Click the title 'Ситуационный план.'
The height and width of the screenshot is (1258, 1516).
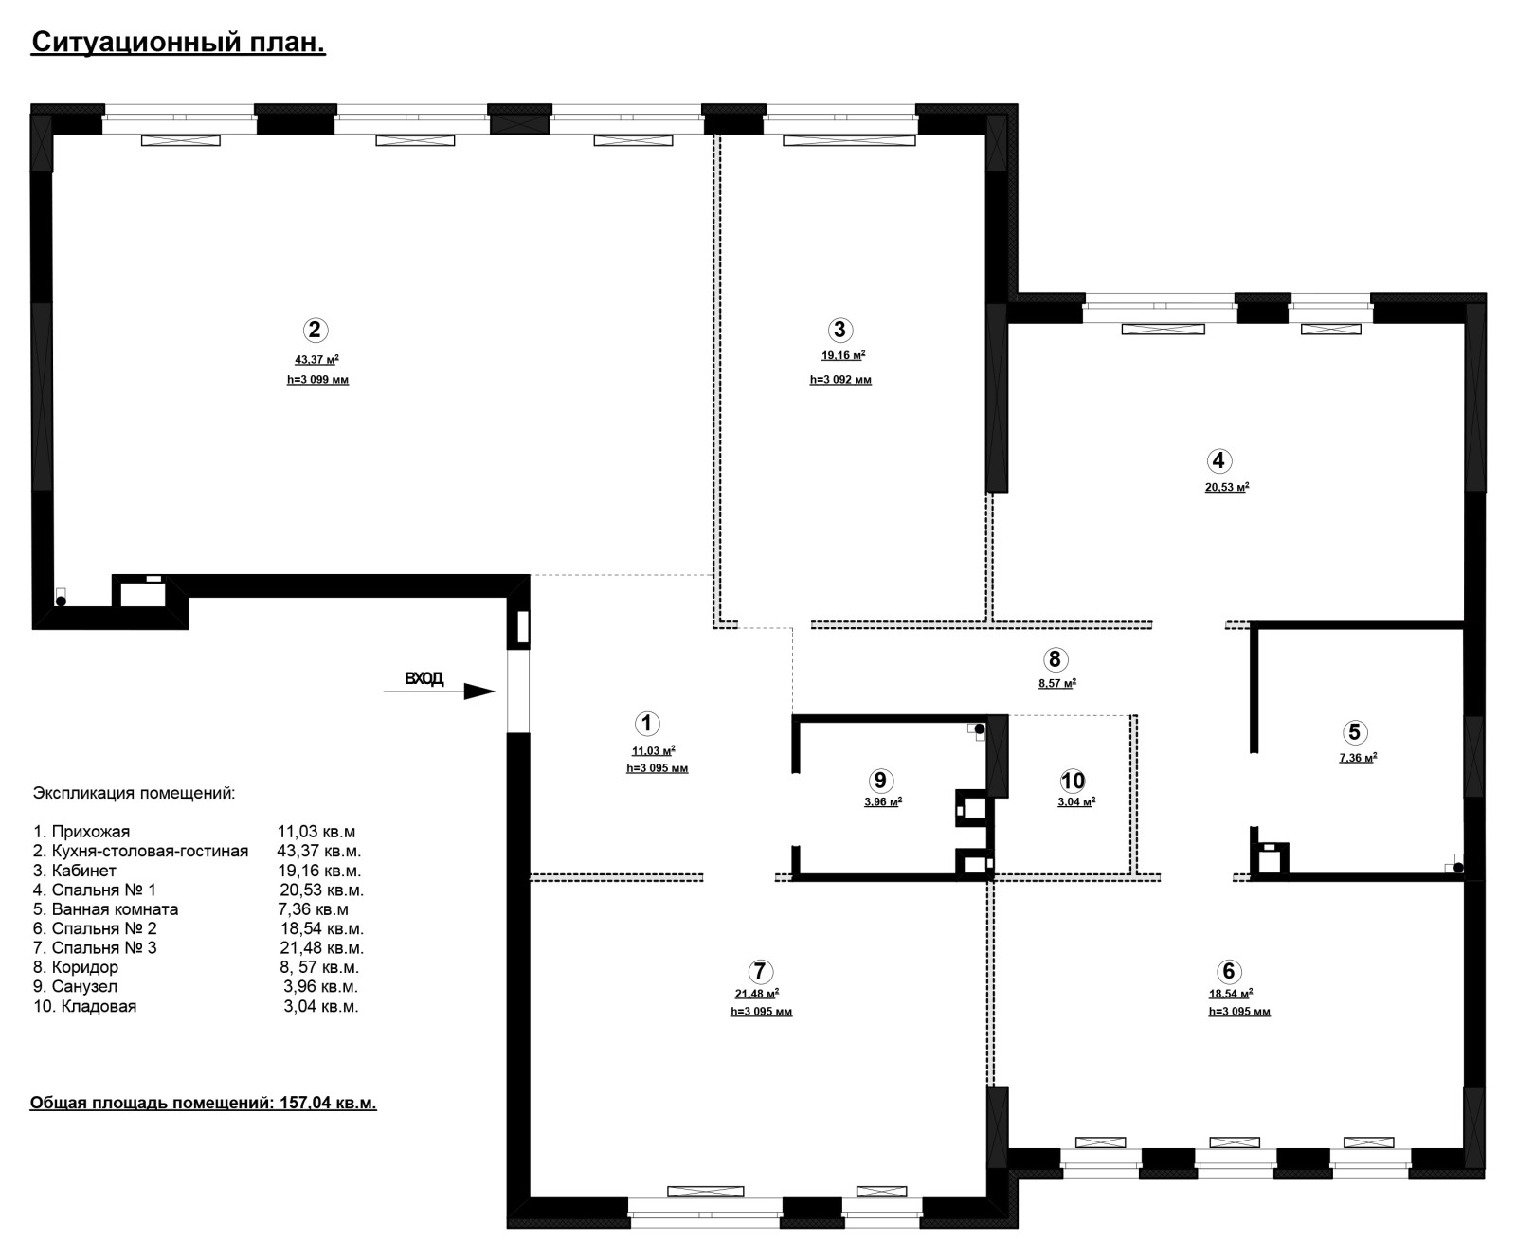pos(178,44)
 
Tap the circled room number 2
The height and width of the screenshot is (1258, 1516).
pos(315,330)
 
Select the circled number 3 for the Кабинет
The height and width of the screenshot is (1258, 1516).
pos(839,330)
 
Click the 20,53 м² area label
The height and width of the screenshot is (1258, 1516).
pos(1227,488)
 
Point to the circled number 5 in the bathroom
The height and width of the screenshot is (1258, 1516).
pos(1354,731)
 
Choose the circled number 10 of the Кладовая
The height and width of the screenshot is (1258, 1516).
pos(1073,781)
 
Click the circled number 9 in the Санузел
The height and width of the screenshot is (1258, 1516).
pos(880,780)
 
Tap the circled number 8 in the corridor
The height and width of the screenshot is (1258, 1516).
pos(1055,659)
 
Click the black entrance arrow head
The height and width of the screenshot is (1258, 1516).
pos(479,692)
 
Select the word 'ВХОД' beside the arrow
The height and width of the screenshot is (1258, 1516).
pos(424,678)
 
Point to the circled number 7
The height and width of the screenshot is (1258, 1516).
pos(760,971)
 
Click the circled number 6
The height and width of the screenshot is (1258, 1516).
pos(1229,971)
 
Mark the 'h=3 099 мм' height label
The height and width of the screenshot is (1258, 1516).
pos(317,380)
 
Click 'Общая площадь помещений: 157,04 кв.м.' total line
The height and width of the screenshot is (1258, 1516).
pos(204,1103)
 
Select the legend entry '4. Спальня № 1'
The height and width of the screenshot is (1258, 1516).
pos(95,890)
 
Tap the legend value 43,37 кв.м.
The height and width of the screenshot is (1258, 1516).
pos(319,851)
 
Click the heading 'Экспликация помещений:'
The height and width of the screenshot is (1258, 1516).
pos(134,793)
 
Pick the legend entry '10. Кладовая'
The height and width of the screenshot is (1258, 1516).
pos(85,1006)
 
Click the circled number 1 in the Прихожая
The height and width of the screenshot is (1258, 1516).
pos(646,724)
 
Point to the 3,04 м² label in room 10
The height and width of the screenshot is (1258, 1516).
pos(1076,801)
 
